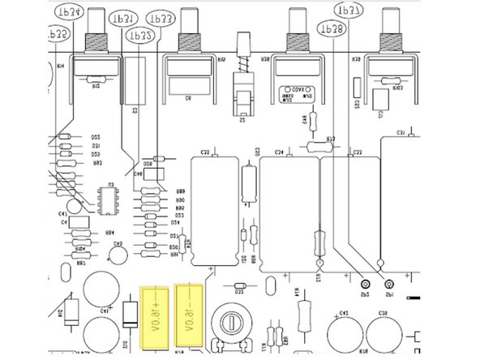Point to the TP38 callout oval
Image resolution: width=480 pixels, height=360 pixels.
point(333,27)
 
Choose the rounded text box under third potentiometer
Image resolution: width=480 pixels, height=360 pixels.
point(296,92)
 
